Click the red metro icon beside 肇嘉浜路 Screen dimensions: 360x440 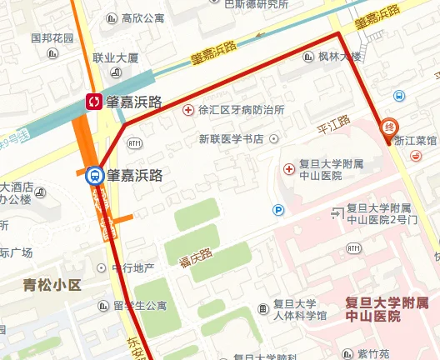coord(95,102)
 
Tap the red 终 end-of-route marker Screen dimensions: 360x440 coord(388,127)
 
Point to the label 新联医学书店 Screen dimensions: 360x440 coord(231,138)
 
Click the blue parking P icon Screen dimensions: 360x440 coord(278,209)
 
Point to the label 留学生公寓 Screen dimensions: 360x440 coord(142,306)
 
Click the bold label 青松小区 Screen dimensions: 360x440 coord(52,285)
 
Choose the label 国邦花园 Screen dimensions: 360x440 coord(52,37)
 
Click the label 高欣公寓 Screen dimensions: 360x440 coord(142,17)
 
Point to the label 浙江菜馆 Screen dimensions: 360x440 coord(416,141)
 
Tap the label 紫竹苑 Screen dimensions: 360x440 coord(374,354)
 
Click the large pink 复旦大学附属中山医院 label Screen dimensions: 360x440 coord(392,309)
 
